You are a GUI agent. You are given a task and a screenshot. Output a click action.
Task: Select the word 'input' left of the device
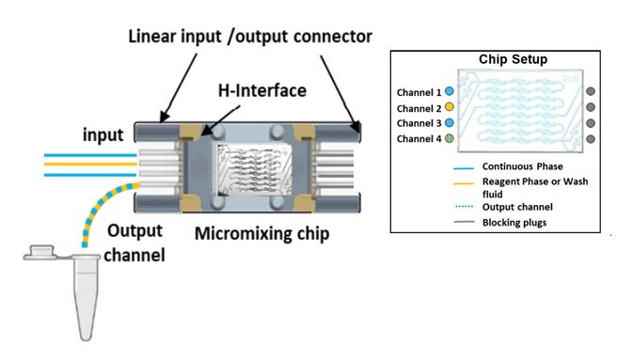[x=101, y=134]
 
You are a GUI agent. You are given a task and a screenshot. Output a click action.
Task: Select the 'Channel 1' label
[x=419, y=92]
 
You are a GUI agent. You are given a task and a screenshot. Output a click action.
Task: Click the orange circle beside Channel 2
[x=450, y=107]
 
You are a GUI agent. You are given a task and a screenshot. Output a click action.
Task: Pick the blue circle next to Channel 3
[x=450, y=122]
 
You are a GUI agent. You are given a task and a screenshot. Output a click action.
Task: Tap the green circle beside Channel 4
[x=450, y=138]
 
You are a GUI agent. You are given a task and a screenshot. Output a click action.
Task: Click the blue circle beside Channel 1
[x=450, y=92]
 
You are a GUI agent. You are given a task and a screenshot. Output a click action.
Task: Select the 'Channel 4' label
[x=419, y=138]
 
